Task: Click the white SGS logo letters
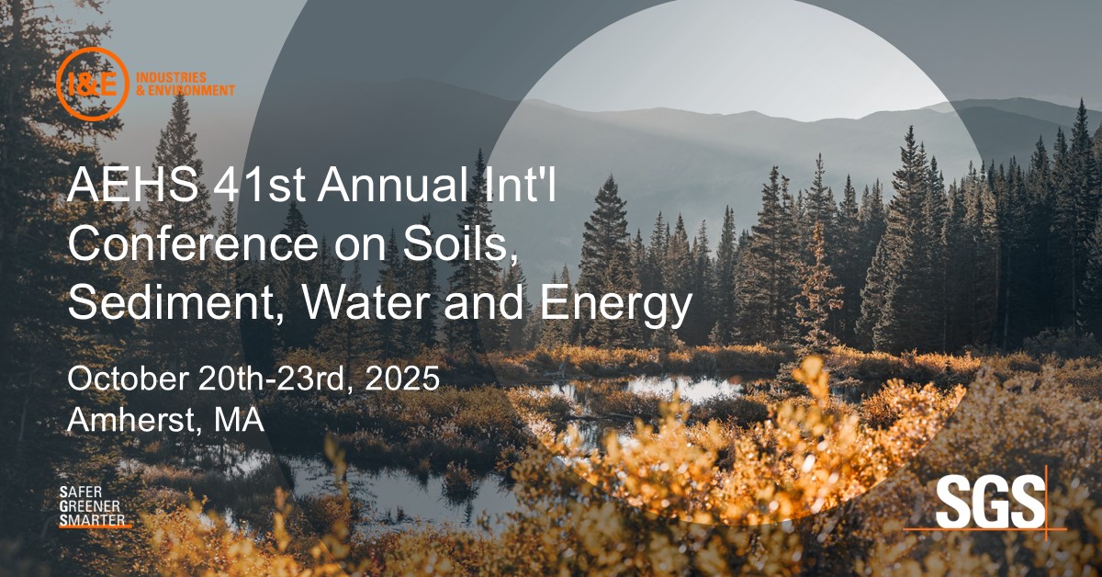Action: [x=989, y=504]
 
